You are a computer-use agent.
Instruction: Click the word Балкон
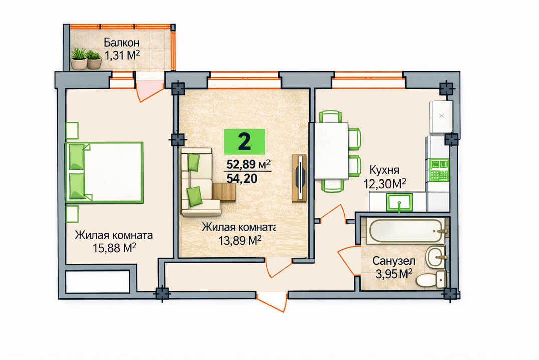point(122,42)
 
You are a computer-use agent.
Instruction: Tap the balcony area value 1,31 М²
point(122,55)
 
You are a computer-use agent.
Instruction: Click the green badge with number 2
point(245,141)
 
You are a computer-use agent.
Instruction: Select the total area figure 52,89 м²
point(248,164)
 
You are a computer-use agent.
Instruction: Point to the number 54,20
point(242,178)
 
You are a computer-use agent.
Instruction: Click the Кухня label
point(384,170)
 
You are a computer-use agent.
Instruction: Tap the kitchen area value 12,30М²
point(385,184)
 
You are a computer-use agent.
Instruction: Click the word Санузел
point(394,261)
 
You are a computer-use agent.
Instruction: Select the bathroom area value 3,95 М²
point(394,274)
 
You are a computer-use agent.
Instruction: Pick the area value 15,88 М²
point(114,248)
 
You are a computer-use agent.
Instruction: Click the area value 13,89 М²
point(240,240)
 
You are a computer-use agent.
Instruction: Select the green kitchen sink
point(399,202)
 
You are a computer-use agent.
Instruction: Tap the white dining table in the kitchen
point(331,151)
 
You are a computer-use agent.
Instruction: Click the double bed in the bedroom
point(105,172)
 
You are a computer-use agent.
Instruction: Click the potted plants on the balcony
point(86,59)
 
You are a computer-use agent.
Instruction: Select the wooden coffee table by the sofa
point(224,192)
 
